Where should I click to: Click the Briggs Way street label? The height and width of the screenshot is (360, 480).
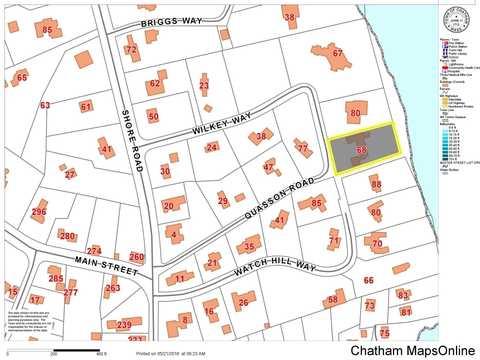pyautogui.click(x=171, y=21)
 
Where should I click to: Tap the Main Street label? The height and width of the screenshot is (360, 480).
pyautogui.click(x=106, y=265)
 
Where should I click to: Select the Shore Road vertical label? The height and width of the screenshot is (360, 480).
pyautogui.click(x=132, y=140)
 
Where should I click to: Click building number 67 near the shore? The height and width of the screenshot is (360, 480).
pyautogui.click(x=337, y=53)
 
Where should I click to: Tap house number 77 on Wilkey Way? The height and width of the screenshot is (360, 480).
pyautogui.click(x=302, y=148)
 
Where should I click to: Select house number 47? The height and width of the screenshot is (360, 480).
pyautogui.click(x=269, y=167)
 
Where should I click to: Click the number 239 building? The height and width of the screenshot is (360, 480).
pyautogui.click(x=124, y=325)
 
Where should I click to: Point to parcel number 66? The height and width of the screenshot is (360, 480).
pyautogui.click(x=368, y=280)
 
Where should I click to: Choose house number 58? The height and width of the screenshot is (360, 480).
pyautogui.click(x=333, y=300)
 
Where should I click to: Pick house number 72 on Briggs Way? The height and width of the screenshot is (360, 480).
pyautogui.click(x=131, y=49)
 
